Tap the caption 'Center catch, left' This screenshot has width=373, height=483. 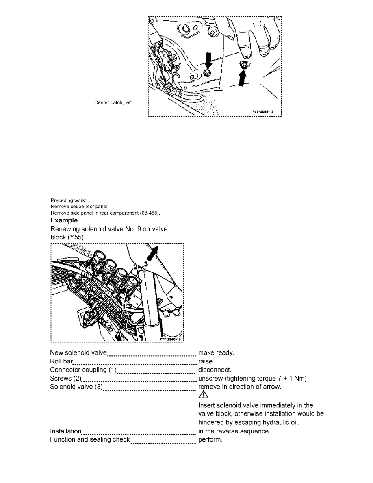[113, 102]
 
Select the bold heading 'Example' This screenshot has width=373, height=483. [64, 220]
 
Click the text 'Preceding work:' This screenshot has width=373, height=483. [66, 200]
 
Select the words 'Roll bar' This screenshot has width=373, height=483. [61, 361]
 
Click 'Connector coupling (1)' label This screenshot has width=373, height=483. [83, 370]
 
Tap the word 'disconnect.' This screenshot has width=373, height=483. [215, 370]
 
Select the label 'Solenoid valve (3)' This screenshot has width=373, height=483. [76, 387]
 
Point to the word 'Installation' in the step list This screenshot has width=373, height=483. [65, 431]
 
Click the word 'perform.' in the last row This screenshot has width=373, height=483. [210, 439]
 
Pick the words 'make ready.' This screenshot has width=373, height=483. [216, 353]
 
